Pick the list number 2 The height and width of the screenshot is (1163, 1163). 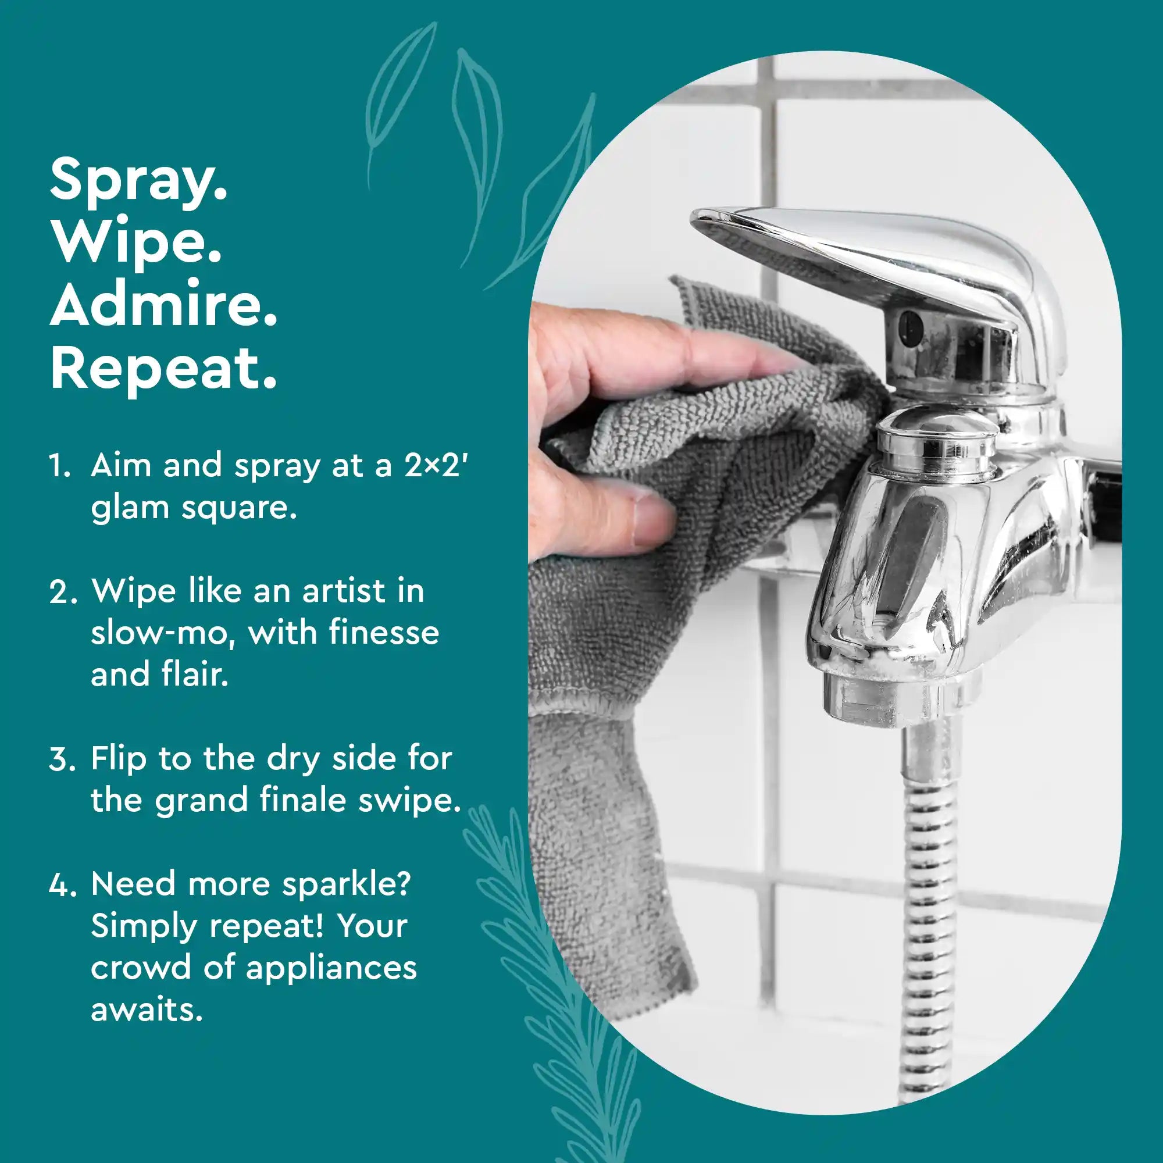pyautogui.click(x=62, y=592)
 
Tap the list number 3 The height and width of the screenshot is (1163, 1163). pyautogui.click(x=62, y=759)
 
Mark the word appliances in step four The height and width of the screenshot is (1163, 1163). pyautogui.click(x=331, y=968)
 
